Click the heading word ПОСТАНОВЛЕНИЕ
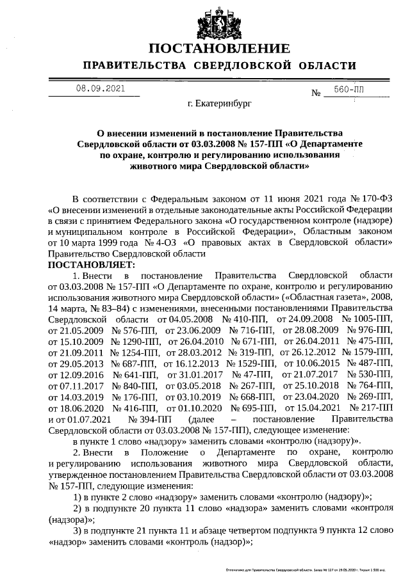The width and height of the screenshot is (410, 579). point(220,49)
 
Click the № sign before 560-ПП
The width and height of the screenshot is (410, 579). point(316,93)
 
